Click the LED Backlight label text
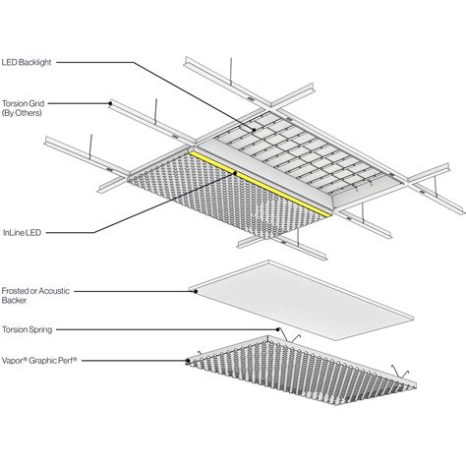[27, 62]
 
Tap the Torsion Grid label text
[23, 103]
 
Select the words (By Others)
[22, 113]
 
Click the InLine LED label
[22, 233]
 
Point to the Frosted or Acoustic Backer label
[35, 295]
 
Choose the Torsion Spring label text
[28, 329]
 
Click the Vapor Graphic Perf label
[39, 361]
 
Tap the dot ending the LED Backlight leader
[254, 130]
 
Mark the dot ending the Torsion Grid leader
[110, 103]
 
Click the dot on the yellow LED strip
[235, 173]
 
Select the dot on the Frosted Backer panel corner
[196, 291]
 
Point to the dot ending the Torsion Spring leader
[278, 329]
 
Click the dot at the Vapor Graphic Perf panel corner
[188, 361]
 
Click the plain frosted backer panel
[302, 300]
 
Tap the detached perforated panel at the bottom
[301, 370]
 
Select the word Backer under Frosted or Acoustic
[14, 300]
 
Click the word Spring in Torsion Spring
[40, 329]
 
